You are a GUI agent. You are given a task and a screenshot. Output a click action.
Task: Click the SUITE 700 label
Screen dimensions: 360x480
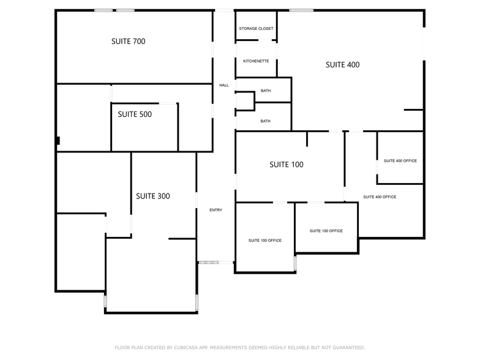tap(128, 42)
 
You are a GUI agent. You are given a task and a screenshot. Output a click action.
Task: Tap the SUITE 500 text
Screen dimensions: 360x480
tap(135, 114)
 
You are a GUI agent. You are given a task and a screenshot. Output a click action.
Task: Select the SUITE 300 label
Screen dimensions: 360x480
tap(152, 197)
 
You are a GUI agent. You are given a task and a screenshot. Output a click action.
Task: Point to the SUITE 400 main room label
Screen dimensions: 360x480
tap(342, 65)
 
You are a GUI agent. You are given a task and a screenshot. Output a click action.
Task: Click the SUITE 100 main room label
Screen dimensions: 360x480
tap(286, 165)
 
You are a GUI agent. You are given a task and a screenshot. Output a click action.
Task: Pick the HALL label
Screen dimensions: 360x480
tap(224, 85)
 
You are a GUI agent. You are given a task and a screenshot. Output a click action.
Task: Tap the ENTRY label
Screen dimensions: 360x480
tap(216, 210)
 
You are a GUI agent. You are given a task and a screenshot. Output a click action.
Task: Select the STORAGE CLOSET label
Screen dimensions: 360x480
tap(256, 29)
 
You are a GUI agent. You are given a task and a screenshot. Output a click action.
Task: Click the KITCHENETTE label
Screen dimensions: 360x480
tap(256, 61)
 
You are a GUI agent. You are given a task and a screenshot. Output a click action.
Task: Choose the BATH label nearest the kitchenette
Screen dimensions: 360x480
tap(265, 91)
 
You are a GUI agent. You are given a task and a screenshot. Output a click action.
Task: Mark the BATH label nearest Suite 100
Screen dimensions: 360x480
tap(265, 121)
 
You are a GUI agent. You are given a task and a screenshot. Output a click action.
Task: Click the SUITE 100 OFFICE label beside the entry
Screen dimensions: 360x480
tap(264, 241)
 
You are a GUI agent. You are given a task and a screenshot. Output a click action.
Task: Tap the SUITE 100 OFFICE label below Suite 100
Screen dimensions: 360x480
tap(326, 231)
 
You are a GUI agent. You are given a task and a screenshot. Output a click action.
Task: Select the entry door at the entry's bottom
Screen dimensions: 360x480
tap(208, 263)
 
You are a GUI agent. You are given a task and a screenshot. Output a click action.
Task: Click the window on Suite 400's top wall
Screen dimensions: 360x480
tap(301, 10)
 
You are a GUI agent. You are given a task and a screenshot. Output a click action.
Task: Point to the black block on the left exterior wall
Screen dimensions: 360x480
tap(58, 141)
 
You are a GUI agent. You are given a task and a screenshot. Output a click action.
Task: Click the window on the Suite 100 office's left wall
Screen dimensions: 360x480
tap(294, 263)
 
